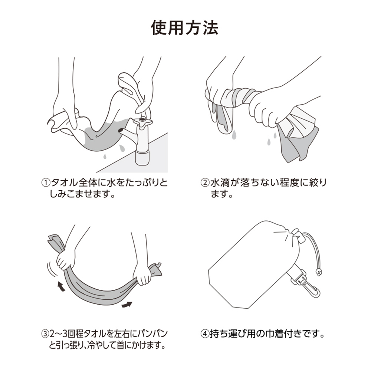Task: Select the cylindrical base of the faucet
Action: (x=143, y=157)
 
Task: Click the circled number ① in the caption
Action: (x=45, y=183)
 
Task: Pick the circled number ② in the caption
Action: (x=205, y=183)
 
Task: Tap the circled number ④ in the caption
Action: (x=205, y=333)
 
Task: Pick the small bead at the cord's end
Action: (x=318, y=272)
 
